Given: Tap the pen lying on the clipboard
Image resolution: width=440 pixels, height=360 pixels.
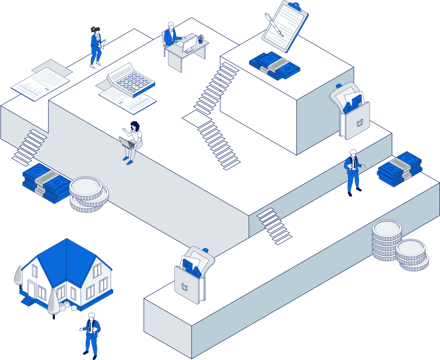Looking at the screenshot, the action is click(274, 25).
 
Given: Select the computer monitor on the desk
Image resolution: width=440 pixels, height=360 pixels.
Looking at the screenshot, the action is click(190, 43).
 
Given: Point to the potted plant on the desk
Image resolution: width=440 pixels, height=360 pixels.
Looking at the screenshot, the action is click(201, 39).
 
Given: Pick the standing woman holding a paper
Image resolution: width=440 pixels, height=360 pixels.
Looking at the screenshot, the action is click(96, 46).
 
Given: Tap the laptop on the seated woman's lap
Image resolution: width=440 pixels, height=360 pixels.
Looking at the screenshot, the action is click(126, 143).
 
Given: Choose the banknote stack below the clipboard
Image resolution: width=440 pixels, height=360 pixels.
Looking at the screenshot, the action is click(274, 65).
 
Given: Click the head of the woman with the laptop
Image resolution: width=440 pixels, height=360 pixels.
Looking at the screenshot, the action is click(135, 126).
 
